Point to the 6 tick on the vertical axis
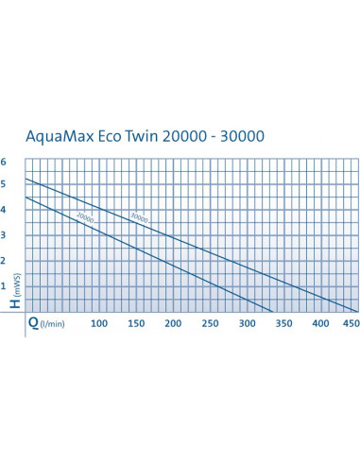pyautogui.click(x=5, y=161)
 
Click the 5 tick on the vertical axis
pyautogui.click(x=5, y=185)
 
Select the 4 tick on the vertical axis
pyautogui.click(x=5, y=210)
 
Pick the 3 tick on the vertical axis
pyautogui.click(x=5, y=235)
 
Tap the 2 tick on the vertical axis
pyautogui.click(x=5, y=260)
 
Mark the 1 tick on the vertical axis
pyautogui.click(x=5, y=285)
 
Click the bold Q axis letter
pyautogui.click(x=34, y=323)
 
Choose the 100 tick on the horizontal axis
pyautogui.click(x=98, y=324)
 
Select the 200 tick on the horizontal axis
pyautogui.click(x=173, y=324)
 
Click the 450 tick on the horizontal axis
pyautogui.click(x=351, y=324)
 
